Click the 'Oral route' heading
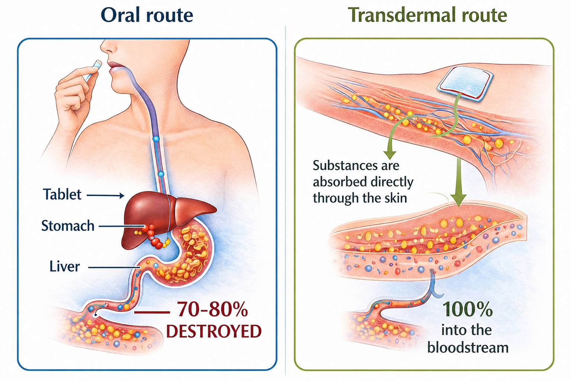(x=147, y=15)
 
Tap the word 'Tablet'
(x=62, y=195)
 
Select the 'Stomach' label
(x=68, y=226)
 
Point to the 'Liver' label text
(x=64, y=266)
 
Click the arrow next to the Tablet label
(x=106, y=196)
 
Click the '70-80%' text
(x=212, y=309)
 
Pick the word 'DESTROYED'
(x=214, y=331)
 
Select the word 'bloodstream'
(x=468, y=348)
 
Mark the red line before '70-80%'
(x=152, y=312)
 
